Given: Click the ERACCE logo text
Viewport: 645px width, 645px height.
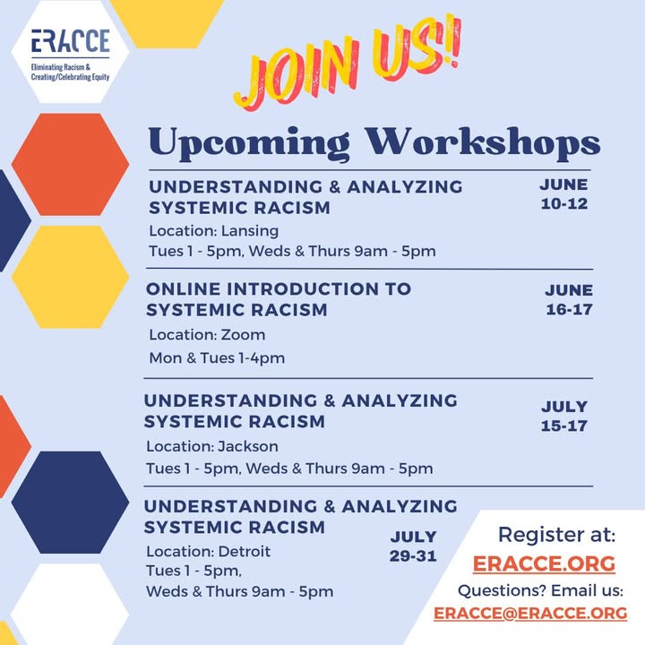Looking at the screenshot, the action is (x=71, y=40).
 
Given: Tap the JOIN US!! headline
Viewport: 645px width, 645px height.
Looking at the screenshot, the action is (x=348, y=63).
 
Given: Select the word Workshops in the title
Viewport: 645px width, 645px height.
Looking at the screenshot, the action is (x=483, y=142).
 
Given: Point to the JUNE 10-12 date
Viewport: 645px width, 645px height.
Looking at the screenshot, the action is (x=564, y=194).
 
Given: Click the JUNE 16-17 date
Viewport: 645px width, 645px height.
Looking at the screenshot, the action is (x=569, y=299).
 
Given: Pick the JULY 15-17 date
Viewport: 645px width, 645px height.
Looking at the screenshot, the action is (x=564, y=416).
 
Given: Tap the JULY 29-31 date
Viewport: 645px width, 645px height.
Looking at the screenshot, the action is (x=413, y=546).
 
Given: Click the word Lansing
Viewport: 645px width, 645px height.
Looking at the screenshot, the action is (x=250, y=231).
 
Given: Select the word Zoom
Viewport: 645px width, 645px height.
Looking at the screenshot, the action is (x=243, y=335).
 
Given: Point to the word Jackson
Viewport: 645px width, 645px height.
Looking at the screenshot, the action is (x=248, y=446).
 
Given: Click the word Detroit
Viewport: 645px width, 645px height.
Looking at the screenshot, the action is (x=245, y=551).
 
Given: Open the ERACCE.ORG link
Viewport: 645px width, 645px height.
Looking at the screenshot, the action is (x=544, y=563).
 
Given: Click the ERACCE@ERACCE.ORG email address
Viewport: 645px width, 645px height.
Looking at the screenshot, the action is (x=530, y=614).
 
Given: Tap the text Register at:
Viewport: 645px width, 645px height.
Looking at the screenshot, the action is (x=556, y=535).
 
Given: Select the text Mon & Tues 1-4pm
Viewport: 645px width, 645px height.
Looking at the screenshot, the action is (x=217, y=357).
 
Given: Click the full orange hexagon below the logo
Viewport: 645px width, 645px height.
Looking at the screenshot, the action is (x=71, y=165).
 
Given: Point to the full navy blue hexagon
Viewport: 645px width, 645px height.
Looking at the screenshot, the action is (x=71, y=503).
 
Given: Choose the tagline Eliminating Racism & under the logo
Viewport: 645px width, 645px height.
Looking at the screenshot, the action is (x=61, y=67).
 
